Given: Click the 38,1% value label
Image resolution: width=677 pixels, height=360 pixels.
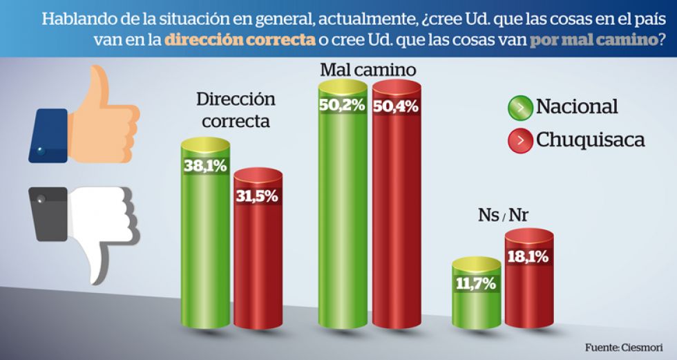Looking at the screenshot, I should coord(205,166).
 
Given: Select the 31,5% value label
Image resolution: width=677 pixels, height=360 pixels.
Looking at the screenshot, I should coord(258,196).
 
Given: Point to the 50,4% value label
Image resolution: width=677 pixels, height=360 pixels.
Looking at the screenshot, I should coord(396,107).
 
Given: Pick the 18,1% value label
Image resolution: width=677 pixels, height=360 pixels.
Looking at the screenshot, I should coord(528,257).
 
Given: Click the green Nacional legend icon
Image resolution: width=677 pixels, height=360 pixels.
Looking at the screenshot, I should coord(519,108).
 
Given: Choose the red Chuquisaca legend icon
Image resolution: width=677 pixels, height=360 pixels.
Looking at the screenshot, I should coord(519,140).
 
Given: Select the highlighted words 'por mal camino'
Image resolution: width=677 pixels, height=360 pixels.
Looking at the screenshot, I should coord(593,39).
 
